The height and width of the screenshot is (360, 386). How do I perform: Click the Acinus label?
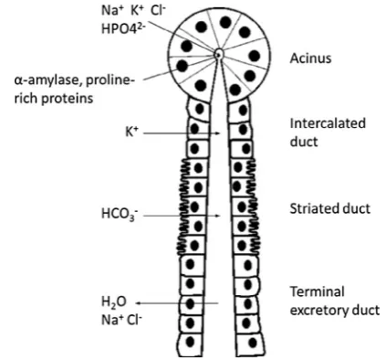(310, 58)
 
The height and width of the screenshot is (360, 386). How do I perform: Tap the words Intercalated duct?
(328, 132)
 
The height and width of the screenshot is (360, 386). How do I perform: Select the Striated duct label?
(329, 208)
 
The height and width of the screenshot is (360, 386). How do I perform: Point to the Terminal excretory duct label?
(335, 301)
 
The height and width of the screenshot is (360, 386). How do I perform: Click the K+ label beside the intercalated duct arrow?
(131, 132)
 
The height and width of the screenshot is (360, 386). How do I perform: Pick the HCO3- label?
(120, 214)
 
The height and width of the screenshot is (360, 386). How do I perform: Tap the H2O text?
(113, 302)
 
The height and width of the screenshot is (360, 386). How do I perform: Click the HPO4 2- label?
(123, 28)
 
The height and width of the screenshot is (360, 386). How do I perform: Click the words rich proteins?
(54, 98)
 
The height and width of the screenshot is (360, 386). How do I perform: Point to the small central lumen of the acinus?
(218, 55)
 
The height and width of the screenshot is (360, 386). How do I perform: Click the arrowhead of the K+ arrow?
(217, 133)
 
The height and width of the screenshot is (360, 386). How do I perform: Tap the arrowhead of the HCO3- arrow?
(217, 216)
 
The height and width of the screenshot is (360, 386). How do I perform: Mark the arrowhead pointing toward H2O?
(138, 303)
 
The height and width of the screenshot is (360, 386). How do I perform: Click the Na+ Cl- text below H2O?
(121, 320)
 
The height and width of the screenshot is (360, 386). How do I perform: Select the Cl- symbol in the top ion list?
(157, 11)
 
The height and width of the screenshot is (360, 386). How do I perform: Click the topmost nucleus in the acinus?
(225, 22)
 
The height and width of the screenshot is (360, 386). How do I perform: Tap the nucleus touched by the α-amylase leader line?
(183, 66)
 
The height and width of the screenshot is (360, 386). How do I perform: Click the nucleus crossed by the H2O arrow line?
(190, 303)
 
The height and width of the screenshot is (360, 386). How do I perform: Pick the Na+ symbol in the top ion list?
(111, 11)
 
